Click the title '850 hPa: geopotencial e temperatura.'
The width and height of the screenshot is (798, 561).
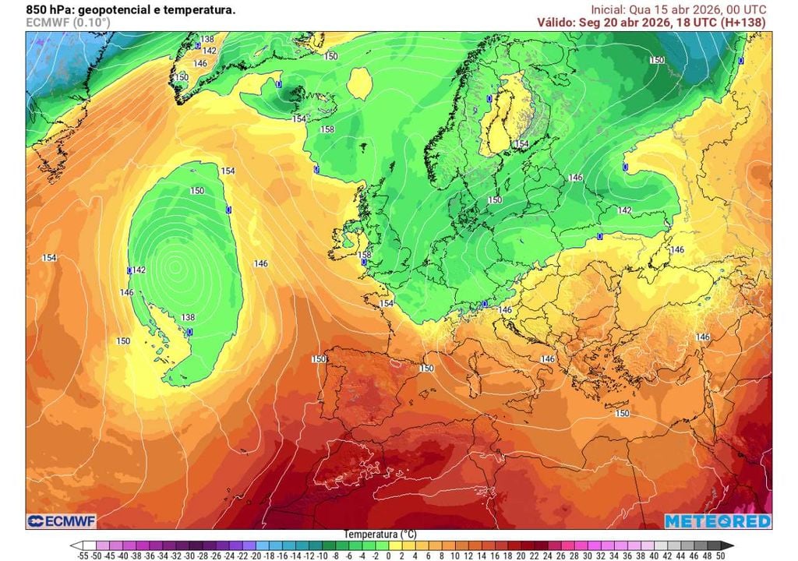[x=130, y=10]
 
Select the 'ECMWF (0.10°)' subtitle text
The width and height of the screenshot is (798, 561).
[x=68, y=23]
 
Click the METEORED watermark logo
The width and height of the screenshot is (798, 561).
[x=717, y=520]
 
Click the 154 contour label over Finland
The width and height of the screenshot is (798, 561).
[x=521, y=144]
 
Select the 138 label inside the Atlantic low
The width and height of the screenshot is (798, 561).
[x=188, y=317]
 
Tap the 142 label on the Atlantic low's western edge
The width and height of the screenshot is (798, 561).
[x=139, y=270]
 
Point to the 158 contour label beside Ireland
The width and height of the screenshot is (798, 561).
[x=363, y=255]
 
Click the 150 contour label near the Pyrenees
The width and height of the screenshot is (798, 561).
[x=426, y=368]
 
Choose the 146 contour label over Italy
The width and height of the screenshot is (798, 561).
[x=547, y=359]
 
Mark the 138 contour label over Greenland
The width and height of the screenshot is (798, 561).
[x=207, y=39]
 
